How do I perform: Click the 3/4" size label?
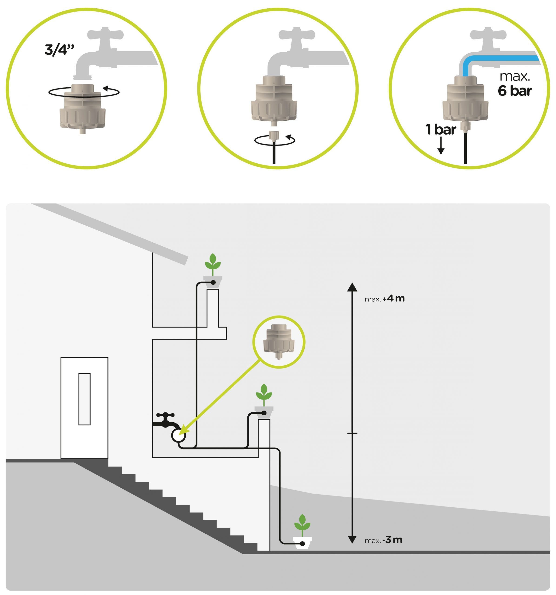click(x=59, y=50)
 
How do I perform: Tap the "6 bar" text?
click(x=514, y=91)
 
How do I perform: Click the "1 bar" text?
click(x=440, y=130)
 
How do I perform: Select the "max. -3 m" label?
click(x=383, y=540)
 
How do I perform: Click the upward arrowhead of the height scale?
click(x=352, y=287)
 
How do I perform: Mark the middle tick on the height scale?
click(x=352, y=433)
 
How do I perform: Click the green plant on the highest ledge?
click(x=213, y=263)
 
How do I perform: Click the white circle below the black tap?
click(x=178, y=436)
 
